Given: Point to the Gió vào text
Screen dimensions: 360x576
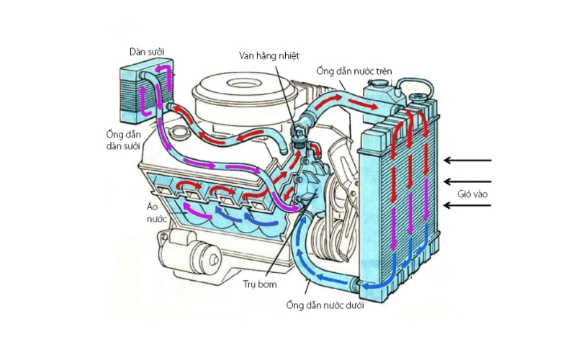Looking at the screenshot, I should (471, 195).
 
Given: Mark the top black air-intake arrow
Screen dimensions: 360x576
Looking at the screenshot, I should (468, 160).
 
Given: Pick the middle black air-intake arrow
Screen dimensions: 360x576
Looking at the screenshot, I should (468, 181).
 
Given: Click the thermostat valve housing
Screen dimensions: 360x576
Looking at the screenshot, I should (297, 137).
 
